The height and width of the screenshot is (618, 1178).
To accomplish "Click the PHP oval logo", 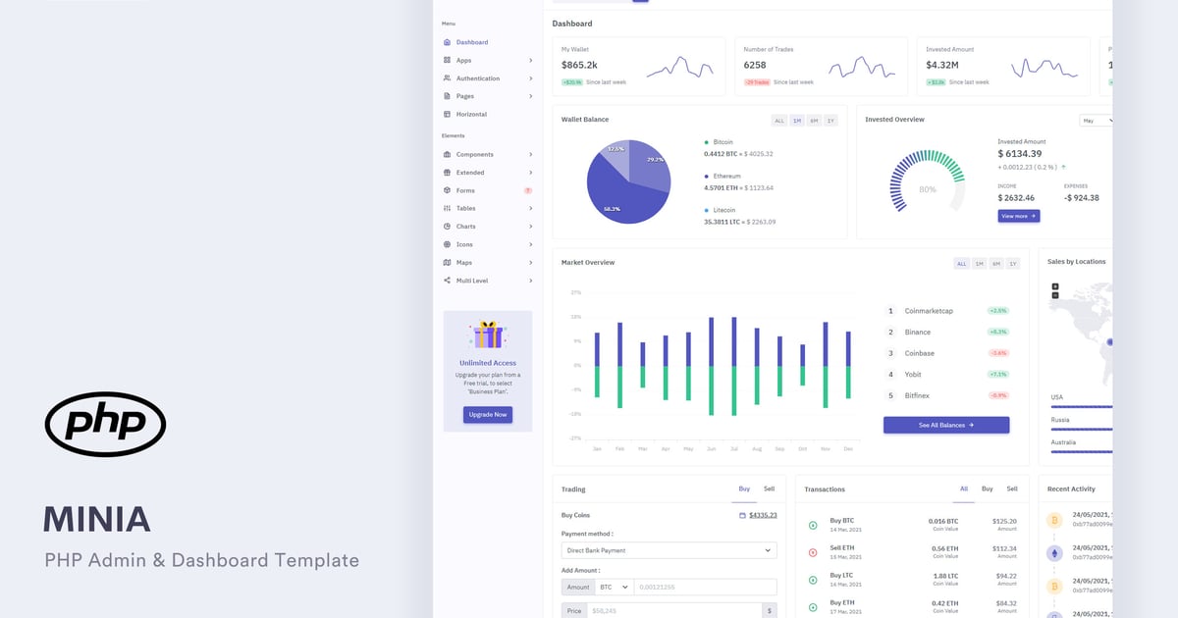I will click(105, 424).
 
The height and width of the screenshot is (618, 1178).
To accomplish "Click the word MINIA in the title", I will click(96, 519).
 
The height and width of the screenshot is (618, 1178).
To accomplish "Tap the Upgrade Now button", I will click(488, 415).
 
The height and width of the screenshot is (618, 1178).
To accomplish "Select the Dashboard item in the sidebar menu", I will click(471, 42).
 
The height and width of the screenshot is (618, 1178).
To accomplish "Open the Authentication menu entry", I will click(477, 78).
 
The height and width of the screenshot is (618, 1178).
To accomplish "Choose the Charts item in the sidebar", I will click(465, 227).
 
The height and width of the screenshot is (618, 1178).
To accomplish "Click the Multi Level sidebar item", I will click(471, 281).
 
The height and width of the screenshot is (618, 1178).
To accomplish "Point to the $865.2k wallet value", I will click(579, 65).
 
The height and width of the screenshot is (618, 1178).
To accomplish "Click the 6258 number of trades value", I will click(755, 65).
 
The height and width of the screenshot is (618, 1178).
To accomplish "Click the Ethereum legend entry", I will click(727, 177).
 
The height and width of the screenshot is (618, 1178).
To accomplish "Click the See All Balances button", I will click(945, 425).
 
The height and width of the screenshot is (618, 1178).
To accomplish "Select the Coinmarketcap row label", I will click(929, 311).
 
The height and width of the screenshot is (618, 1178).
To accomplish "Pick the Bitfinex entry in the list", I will click(917, 395).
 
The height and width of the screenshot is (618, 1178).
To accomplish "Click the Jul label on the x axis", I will click(733, 448).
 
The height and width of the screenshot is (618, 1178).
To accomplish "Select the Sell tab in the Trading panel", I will click(769, 489).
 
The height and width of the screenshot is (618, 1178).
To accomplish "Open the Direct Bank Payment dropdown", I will click(669, 550).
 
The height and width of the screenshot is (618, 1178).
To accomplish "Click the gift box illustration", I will click(488, 335).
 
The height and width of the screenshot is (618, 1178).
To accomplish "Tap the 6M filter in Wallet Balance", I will click(814, 121).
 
